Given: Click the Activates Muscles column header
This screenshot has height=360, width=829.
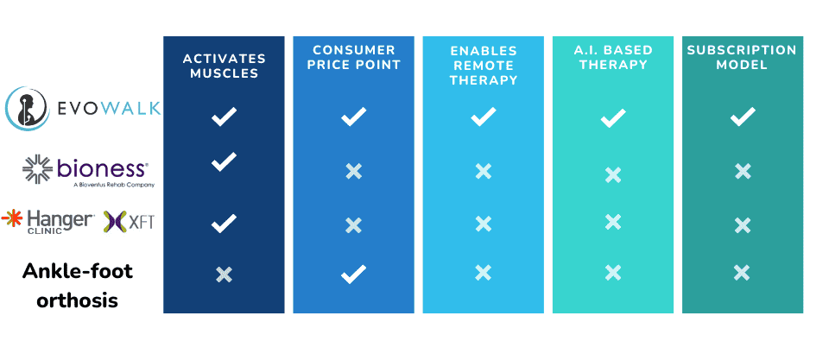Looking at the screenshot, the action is pyautogui.click(x=224, y=66).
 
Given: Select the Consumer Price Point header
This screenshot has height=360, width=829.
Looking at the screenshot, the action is pyautogui.click(x=354, y=58).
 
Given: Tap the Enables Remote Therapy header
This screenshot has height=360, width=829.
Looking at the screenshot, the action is pyautogui.click(x=484, y=66).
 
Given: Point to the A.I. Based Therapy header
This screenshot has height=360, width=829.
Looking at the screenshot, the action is pyautogui.click(x=613, y=58).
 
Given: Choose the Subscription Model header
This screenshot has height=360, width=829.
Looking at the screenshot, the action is pyautogui.click(x=743, y=58).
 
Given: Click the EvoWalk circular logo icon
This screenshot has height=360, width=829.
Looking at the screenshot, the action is pyautogui.click(x=28, y=109).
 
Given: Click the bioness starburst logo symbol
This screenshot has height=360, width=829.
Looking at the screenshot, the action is pyautogui.click(x=37, y=169).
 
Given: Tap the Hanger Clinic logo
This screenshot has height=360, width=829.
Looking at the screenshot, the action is pyautogui.click(x=48, y=221).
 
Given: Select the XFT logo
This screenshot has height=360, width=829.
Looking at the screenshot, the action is pyautogui.click(x=129, y=222).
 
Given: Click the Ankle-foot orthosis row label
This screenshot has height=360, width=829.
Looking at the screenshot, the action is pyautogui.click(x=77, y=286).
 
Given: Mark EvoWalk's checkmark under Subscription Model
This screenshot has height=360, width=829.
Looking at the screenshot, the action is pyautogui.click(x=743, y=117).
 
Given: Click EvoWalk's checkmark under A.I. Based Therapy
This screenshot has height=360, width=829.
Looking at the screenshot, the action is pyautogui.click(x=613, y=118).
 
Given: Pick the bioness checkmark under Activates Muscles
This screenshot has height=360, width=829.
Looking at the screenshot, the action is pyautogui.click(x=224, y=161).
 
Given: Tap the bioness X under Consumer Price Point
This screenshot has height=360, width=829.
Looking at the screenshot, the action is pyautogui.click(x=354, y=171).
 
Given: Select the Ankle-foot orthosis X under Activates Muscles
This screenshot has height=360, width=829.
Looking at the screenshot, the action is pyautogui.click(x=224, y=275).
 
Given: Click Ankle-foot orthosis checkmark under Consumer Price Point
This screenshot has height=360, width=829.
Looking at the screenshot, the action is pyautogui.click(x=354, y=274).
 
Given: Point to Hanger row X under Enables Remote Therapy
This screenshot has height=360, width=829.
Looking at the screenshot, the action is pyautogui.click(x=484, y=224).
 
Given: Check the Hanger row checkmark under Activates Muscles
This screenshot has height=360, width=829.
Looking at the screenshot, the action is pyautogui.click(x=224, y=224).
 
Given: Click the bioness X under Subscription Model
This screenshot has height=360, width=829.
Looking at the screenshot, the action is pyautogui.click(x=743, y=171).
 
